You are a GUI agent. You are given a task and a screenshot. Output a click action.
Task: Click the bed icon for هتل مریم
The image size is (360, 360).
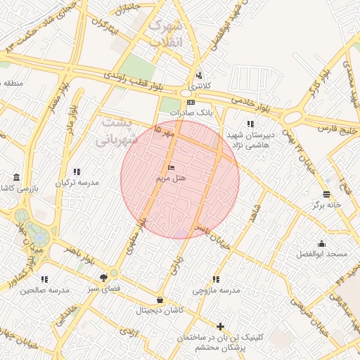coord(171,168)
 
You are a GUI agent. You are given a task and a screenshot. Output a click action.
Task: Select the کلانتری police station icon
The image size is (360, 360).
coord(199,75)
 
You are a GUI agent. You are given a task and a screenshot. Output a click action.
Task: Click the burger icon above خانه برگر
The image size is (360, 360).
coord(326,193)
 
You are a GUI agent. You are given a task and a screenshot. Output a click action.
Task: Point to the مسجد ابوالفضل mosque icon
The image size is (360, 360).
coord(322,243)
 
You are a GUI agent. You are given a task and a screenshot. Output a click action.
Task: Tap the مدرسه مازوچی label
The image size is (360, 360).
coord(216,290)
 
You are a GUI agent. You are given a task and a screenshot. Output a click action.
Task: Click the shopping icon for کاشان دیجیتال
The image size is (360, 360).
coord(161,300)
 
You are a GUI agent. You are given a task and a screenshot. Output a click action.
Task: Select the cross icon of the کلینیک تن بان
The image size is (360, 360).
coord(221,326)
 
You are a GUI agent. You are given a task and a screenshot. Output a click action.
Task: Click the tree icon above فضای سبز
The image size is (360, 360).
coord(104,277)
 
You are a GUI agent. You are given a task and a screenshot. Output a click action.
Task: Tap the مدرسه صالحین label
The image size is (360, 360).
coord(44,290)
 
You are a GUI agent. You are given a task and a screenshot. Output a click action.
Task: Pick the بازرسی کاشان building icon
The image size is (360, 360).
coord(16,177)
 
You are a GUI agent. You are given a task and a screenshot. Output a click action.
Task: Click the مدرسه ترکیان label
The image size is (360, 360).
coord(77,182)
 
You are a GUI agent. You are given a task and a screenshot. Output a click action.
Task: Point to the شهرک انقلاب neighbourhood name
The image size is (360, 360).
coord(165,33)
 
